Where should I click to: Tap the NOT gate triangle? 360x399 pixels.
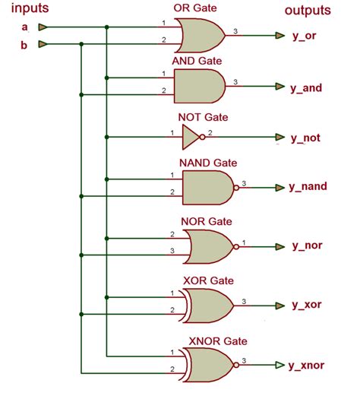pyautogui.click(x=192, y=137)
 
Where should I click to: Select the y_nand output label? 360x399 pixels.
pyautogui.click(x=310, y=186)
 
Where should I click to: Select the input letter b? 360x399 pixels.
pyautogui.click(x=24, y=44)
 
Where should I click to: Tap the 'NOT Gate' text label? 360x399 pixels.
pyautogui.click(x=203, y=118)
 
